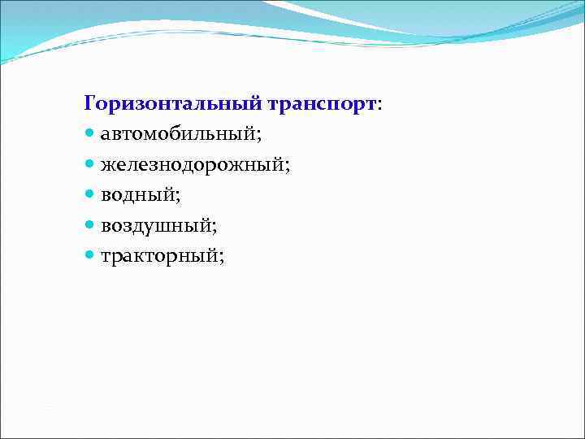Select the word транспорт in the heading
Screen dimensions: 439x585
pyautogui.click(x=319, y=104)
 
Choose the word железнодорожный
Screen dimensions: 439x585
pyautogui.click(x=192, y=165)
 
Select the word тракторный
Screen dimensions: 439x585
pyautogui.click(x=159, y=256)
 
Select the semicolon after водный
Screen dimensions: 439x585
pyautogui.click(x=178, y=197)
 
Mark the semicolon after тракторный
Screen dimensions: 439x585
pyautogui.click(x=221, y=258)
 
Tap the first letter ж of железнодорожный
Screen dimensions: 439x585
pyautogui.click(x=107, y=166)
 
